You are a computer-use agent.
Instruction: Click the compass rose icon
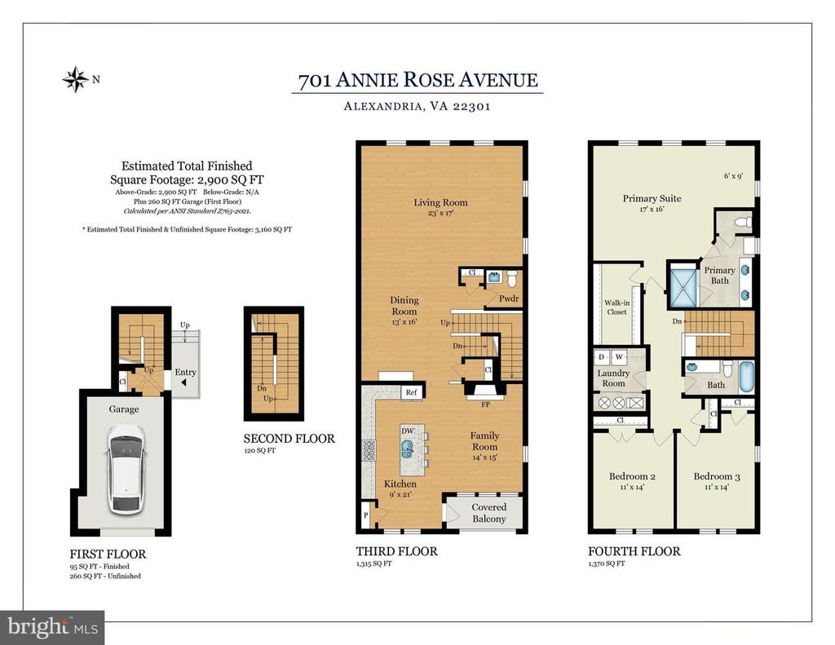[76, 79]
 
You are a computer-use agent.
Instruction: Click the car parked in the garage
[126, 469]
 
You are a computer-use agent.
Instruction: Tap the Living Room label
[441, 202]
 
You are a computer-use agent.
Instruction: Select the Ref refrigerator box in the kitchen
[411, 392]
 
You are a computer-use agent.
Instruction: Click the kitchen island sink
[408, 449]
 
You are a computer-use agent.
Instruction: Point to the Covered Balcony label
[489, 513]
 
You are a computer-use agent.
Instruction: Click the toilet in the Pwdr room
[512, 279]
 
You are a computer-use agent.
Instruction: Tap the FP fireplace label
[486, 404]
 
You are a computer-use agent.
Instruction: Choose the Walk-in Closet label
[617, 307]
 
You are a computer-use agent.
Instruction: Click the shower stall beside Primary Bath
[683, 289]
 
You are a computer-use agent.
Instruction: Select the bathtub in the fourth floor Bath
[747, 377]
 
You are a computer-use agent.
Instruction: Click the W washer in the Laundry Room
[619, 357]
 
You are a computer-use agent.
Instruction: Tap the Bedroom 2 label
[632, 476]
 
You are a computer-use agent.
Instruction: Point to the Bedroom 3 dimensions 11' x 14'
[717, 487]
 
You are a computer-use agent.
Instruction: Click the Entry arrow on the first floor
[183, 382]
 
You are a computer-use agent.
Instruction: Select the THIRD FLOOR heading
[397, 551]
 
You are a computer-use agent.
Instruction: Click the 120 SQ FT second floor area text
[260, 451]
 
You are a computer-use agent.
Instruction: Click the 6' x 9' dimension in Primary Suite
[733, 176]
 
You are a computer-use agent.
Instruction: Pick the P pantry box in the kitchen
[366, 515]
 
